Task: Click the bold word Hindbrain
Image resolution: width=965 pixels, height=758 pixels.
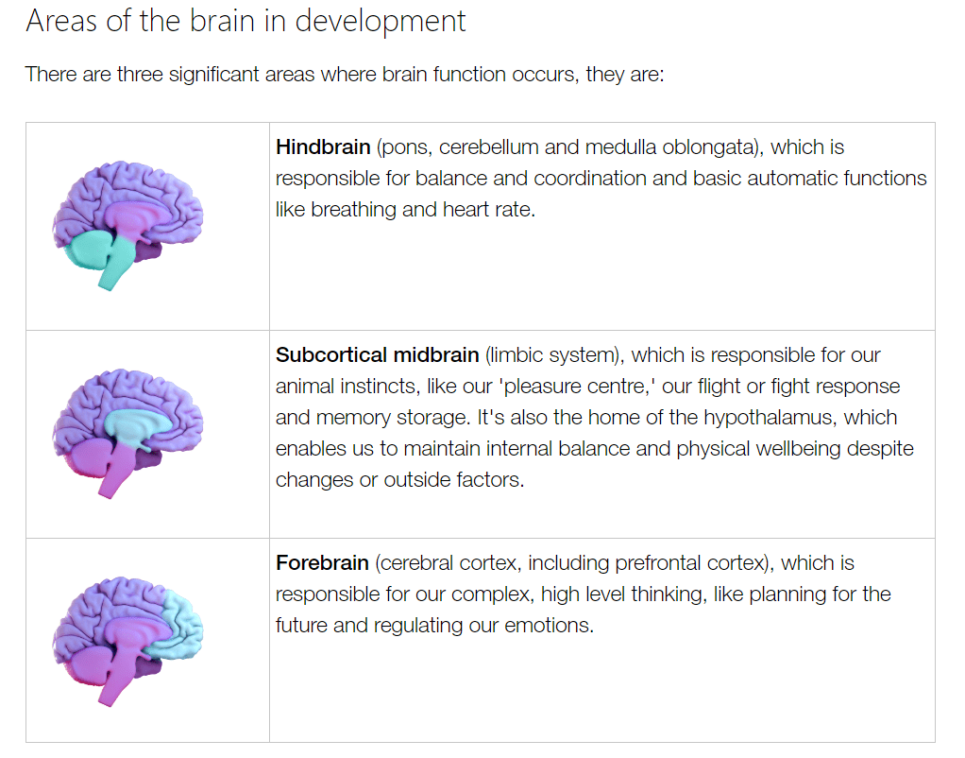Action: (x=322, y=147)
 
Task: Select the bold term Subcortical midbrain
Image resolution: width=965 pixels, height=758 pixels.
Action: (x=377, y=355)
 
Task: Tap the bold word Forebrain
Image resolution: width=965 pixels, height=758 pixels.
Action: (x=322, y=563)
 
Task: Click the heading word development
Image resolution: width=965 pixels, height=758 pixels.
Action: (x=381, y=21)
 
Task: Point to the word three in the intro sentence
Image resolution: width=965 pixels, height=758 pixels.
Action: (x=140, y=74)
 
